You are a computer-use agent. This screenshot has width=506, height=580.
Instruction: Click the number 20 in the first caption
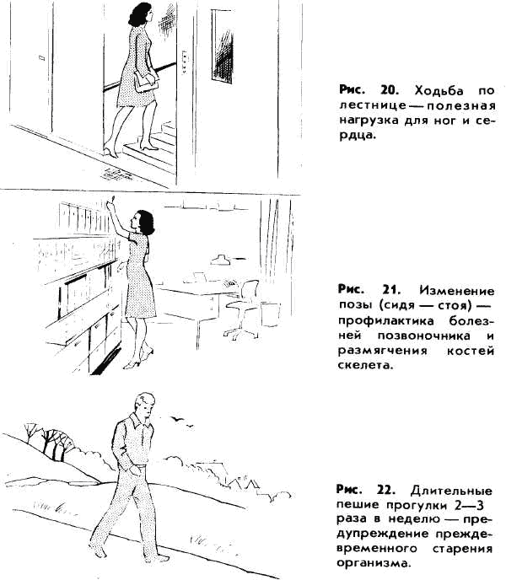(x=390, y=90)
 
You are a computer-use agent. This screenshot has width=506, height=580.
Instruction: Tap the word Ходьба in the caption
(x=439, y=90)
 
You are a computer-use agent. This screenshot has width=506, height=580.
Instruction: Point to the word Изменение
(x=457, y=290)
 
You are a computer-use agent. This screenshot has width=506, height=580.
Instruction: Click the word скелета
(x=364, y=365)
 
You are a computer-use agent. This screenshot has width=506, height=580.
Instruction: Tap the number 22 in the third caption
(x=386, y=490)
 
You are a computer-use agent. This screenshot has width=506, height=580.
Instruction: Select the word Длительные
(x=451, y=491)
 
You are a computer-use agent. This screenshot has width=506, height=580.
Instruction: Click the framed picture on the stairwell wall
(x=222, y=46)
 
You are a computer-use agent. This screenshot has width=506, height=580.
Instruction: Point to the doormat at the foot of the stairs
(x=116, y=175)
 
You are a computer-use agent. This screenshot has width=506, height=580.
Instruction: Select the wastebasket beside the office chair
(x=271, y=314)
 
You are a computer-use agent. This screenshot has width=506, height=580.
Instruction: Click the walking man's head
(x=145, y=405)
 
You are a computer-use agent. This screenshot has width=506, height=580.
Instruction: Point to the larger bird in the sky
(x=178, y=418)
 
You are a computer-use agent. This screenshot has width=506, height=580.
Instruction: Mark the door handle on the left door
(x=41, y=57)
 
